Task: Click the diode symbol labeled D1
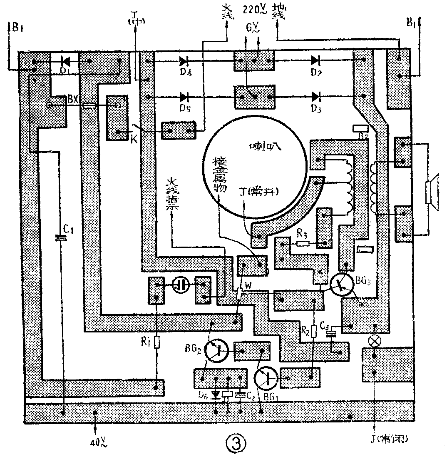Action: (65, 61)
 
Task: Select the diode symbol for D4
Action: (184, 61)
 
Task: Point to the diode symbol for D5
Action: (184, 97)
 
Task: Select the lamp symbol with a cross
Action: (375, 340)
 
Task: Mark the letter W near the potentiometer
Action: (248, 285)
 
